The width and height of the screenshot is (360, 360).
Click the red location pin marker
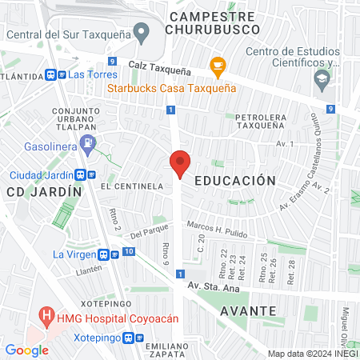coord(180,164)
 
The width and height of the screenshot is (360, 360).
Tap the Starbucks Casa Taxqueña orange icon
coord(215,65)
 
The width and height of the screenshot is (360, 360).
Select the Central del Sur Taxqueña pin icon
coord(142,34)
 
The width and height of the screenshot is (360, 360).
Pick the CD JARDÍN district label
coord(44,192)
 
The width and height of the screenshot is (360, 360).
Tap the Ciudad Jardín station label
coord(40,175)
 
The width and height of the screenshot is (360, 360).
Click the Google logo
coord(26,350)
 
